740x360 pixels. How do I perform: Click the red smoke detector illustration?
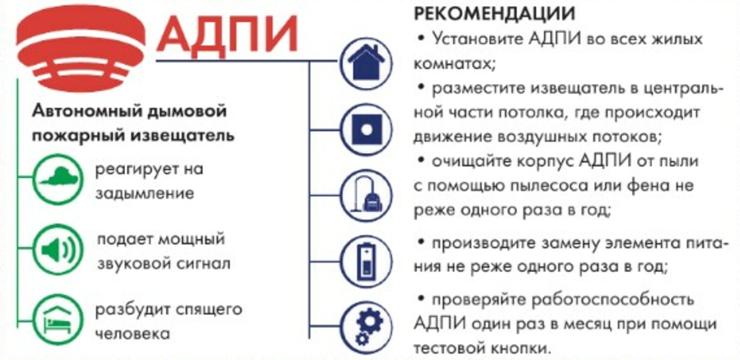coord(80,48)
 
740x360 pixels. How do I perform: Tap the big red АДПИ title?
coord(227,34)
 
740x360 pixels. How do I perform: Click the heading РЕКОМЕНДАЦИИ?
coord(494,13)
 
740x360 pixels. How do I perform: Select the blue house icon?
coord(366,63)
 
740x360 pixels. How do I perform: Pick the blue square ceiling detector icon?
coord(366,130)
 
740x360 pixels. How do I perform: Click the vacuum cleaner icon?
coord(366,195)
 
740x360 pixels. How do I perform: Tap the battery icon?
coord(366,261)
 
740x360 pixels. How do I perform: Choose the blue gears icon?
coord(366,327)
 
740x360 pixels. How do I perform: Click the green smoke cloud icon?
coord(58,179)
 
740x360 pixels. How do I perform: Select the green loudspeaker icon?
coord(58,249)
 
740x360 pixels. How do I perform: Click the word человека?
coord(133,334)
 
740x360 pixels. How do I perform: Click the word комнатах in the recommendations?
coord(455,63)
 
